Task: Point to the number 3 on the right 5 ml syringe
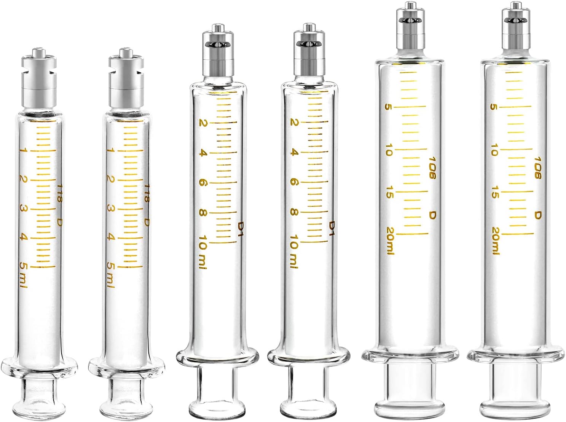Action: tap(111, 209)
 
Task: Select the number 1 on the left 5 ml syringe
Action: tap(24, 151)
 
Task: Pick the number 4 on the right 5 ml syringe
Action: tap(111, 237)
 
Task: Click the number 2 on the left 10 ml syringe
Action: tap(202, 123)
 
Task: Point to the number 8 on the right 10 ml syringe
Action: tap(293, 212)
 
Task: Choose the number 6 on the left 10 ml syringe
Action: tap(202, 183)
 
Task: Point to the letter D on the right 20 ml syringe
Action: tap(537, 215)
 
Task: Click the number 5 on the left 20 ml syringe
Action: tap(388, 107)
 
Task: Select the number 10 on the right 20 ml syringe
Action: tap(494, 150)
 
